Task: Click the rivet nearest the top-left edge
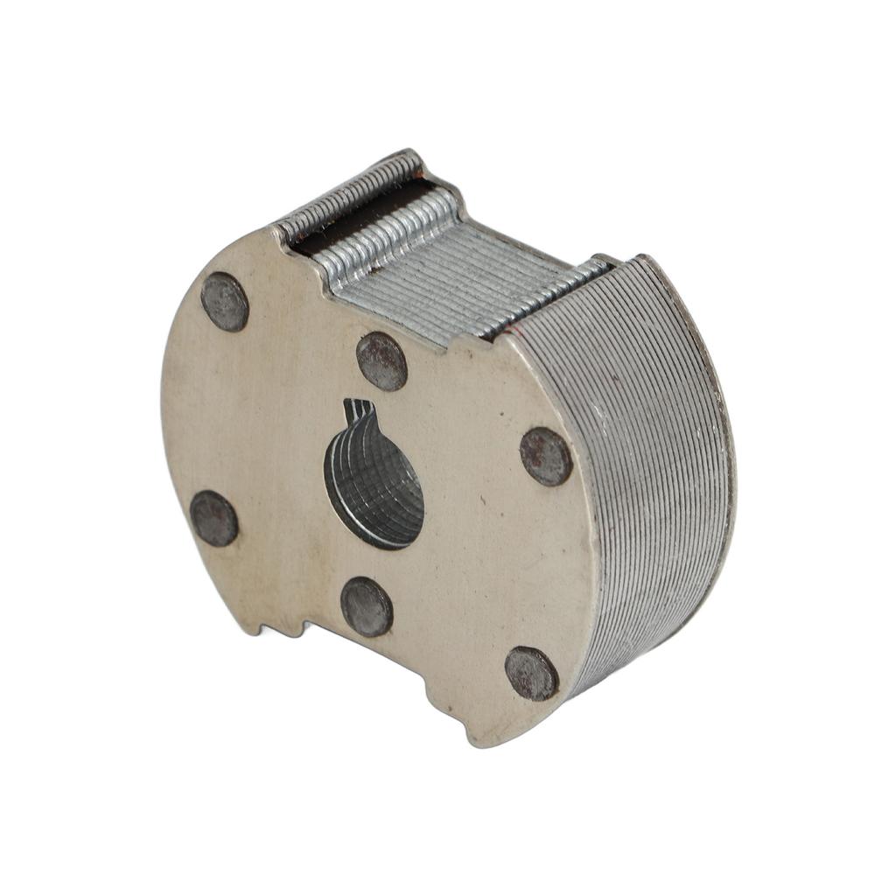(225, 302)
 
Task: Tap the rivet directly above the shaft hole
(381, 361)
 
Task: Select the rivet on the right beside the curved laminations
(546, 456)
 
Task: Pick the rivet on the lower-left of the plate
(214, 518)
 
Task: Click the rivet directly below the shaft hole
(367, 606)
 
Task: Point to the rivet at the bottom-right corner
(531, 673)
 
